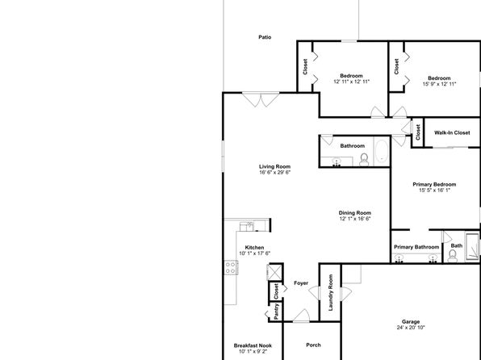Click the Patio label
point(265,37)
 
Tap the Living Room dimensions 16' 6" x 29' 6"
point(274,172)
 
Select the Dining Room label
point(355,212)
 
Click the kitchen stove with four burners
point(231,267)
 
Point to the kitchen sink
point(247,227)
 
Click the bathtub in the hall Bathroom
point(382,151)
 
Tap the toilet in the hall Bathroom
point(364,160)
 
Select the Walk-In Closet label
point(452,132)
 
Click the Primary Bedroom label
point(434,185)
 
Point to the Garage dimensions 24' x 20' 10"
point(411,328)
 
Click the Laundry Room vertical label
point(330,292)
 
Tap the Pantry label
point(276,312)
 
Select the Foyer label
point(301,283)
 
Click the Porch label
point(313,345)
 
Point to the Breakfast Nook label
point(253,345)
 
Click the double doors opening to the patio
point(261,99)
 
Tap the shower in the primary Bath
point(472,245)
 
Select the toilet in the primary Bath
point(453,256)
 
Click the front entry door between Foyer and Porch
point(302,316)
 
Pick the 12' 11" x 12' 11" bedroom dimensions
point(351,82)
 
